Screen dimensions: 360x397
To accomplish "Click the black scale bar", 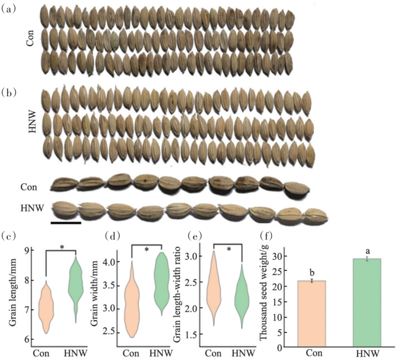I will (66, 223).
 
